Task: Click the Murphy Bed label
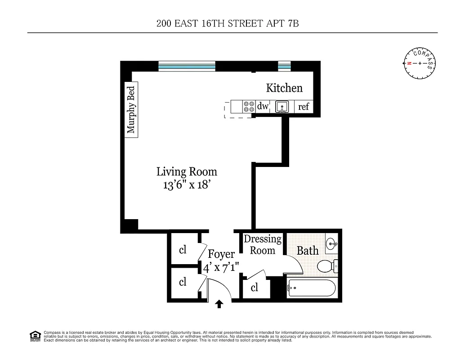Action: [131, 110]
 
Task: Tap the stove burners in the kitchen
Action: [249, 107]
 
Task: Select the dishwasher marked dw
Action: [263, 107]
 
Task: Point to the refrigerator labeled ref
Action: [304, 107]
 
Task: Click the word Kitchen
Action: [284, 88]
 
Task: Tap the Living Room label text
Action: [187, 171]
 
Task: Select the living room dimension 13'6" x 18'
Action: [187, 185]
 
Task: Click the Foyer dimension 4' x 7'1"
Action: [221, 268]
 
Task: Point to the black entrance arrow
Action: [219, 305]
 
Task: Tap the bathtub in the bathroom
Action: [311, 288]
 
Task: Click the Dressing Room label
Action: [263, 244]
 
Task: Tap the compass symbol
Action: [420, 63]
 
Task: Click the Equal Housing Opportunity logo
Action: [34, 336]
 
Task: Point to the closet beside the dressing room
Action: [255, 288]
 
